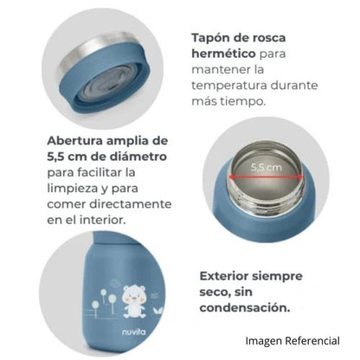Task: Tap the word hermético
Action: click(224, 54)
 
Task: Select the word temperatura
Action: click(229, 86)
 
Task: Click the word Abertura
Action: click(75, 141)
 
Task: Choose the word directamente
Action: click(131, 204)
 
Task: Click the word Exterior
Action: click(223, 276)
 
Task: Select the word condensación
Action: click(245, 308)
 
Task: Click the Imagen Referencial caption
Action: click(292, 341)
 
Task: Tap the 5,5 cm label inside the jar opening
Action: click(266, 167)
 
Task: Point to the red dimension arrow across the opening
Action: click(266, 177)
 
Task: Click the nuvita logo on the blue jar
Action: click(134, 332)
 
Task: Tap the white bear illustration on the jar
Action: click(133, 301)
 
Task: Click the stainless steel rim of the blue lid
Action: click(95, 49)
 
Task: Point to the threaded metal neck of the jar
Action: click(266, 199)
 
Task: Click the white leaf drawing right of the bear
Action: click(157, 311)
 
